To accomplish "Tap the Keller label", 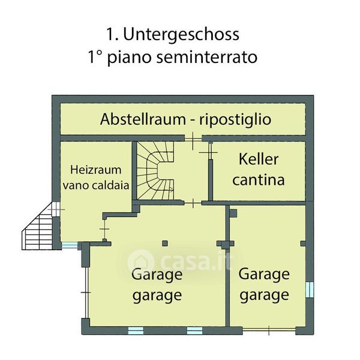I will click(259, 160).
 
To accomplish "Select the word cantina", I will click(259, 179).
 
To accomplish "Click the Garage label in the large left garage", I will click(157, 275).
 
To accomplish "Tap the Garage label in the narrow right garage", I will click(264, 274).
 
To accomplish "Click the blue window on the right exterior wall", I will click(310, 289).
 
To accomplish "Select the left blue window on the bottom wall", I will click(136, 329).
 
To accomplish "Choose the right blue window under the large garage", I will click(194, 329).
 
